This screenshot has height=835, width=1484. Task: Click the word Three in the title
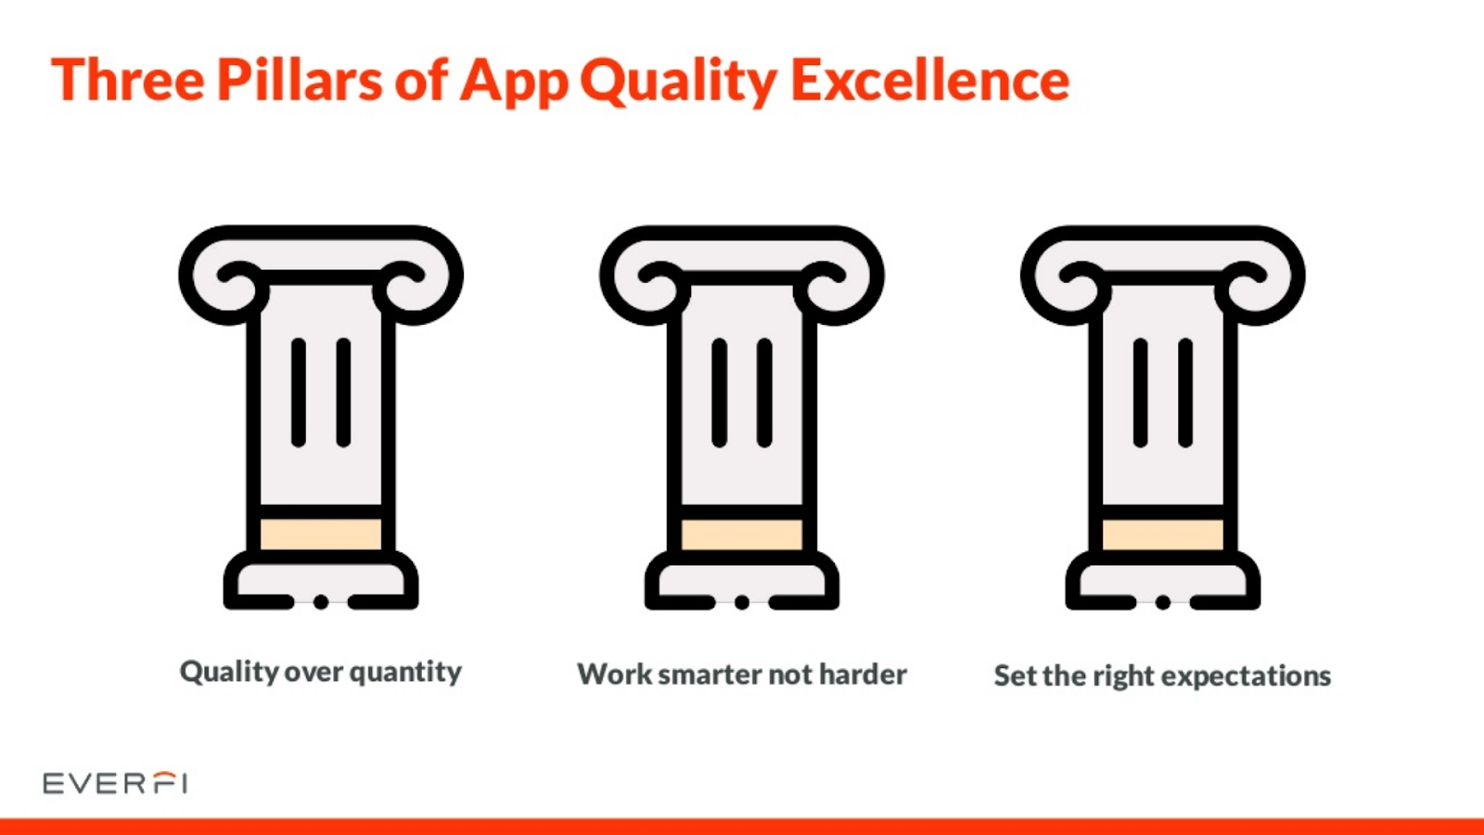(128, 80)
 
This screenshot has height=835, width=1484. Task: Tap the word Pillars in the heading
(301, 80)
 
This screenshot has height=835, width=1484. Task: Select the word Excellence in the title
(930, 80)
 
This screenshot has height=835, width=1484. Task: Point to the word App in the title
(514, 83)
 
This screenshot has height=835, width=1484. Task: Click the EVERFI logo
(115, 783)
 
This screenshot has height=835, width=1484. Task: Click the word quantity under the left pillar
(405, 673)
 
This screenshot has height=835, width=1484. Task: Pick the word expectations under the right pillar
(1247, 677)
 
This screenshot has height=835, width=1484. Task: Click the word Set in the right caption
(1015, 676)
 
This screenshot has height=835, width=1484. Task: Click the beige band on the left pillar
(321, 534)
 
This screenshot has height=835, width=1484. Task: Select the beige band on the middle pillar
(742, 534)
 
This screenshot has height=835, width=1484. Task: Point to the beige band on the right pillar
(1163, 534)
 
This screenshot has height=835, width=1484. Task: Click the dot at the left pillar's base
(321, 602)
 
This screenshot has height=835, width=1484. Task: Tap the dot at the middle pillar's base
(742, 602)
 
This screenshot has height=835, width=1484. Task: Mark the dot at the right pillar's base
(1163, 602)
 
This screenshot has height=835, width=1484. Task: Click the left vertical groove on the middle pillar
(720, 392)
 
